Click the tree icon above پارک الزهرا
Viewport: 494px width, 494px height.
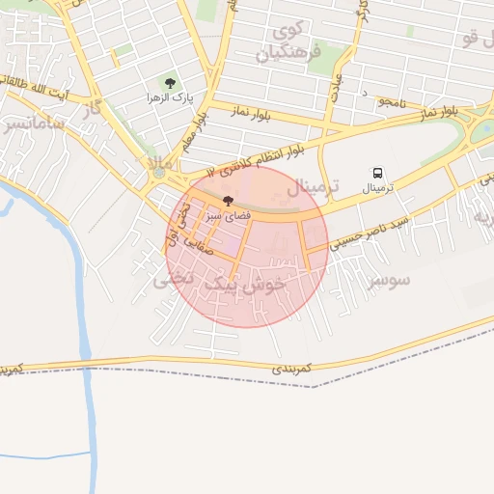[171, 83]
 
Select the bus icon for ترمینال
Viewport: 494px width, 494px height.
[376, 171]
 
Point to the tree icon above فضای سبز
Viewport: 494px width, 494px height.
[227, 202]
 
